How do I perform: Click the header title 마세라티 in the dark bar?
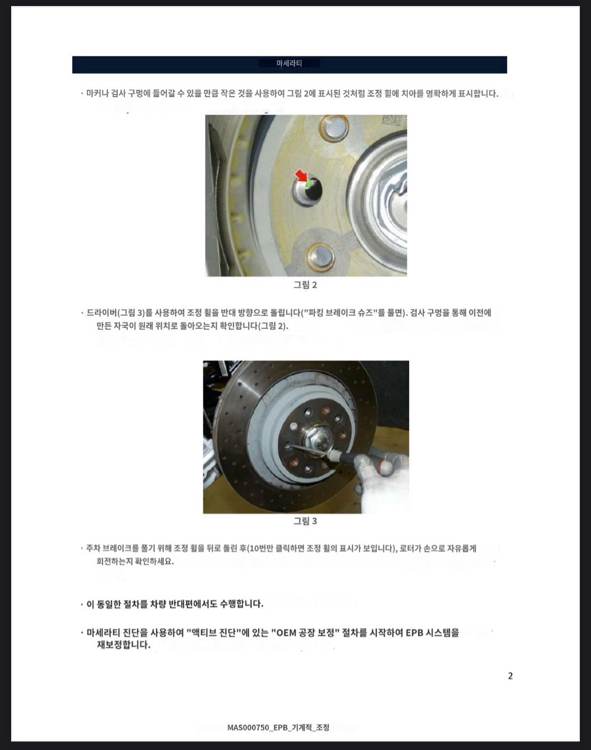tap(289, 63)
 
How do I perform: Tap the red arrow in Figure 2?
tap(302, 176)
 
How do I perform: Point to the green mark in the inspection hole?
tap(308, 184)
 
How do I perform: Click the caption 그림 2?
tap(305, 285)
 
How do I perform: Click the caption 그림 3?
tap(305, 521)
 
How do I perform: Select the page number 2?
tap(510, 676)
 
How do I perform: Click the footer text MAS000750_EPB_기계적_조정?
tap(278, 727)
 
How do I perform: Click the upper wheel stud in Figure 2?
tap(335, 127)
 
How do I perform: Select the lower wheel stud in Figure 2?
tap(320, 257)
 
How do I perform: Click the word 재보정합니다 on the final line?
tap(123, 645)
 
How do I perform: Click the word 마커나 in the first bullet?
tap(97, 94)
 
